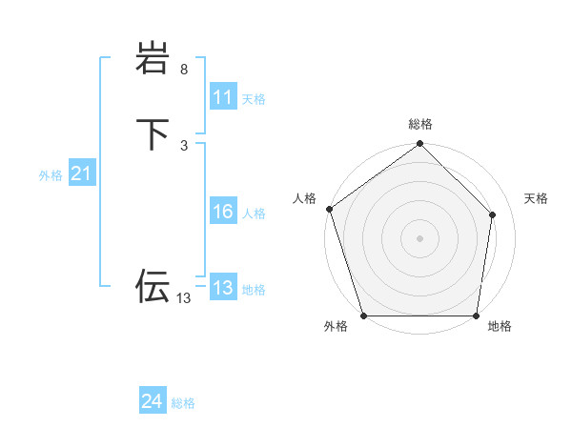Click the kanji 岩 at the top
153,60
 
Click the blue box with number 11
223,98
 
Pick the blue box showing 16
223,213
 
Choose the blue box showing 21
81,173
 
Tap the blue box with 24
153,402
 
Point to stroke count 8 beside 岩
184,70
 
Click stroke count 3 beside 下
184,145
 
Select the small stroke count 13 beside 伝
183,298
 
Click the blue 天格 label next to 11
254,99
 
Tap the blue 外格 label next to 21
51,174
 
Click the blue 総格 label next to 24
183,403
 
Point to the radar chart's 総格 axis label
420,125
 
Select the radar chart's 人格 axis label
305,198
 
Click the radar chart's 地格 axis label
500,327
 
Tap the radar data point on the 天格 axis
493,214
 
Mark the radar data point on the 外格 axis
363,316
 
